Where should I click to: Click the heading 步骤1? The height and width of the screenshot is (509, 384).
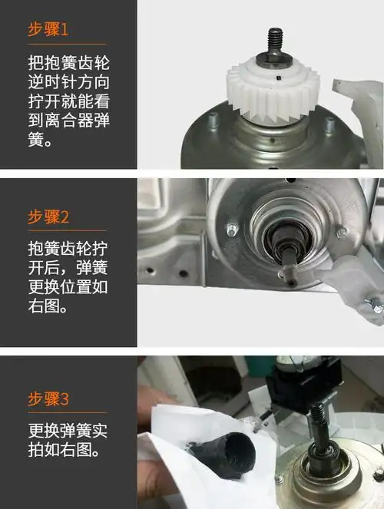(x=48, y=30)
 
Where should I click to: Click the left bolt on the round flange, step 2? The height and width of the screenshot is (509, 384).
(x=232, y=229)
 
